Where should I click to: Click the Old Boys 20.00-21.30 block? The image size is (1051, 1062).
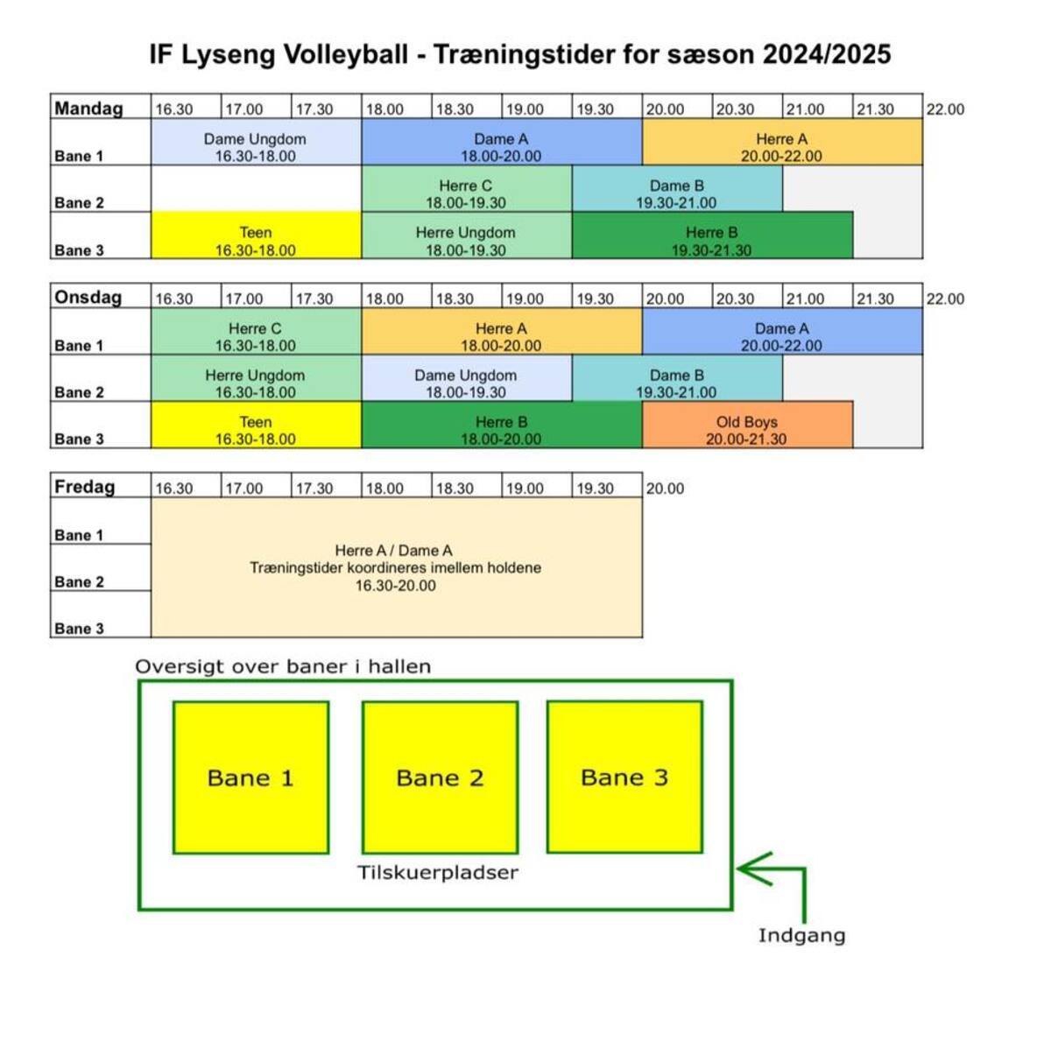click(x=747, y=425)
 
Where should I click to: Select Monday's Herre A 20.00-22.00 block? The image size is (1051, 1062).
click(x=782, y=142)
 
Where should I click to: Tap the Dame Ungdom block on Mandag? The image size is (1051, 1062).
click(x=256, y=142)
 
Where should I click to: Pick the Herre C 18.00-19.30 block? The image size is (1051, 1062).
click(x=467, y=188)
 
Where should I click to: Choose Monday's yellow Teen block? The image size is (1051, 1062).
click(x=256, y=236)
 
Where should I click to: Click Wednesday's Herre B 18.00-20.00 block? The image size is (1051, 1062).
click(x=502, y=425)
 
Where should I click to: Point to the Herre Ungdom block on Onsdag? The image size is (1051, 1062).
click(x=256, y=378)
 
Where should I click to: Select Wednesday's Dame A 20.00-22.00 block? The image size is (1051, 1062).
click(x=782, y=331)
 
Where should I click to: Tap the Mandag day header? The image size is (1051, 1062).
click(x=88, y=108)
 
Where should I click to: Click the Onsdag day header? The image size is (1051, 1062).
click(x=88, y=298)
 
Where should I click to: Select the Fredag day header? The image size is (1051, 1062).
click(x=84, y=487)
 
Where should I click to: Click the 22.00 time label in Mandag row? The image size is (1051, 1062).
click(x=945, y=109)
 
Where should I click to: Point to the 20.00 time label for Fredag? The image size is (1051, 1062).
click(x=665, y=489)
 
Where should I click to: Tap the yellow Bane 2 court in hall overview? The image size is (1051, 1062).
click(x=440, y=777)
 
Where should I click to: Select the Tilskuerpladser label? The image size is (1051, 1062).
click(x=438, y=872)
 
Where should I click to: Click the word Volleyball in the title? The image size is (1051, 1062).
click(x=345, y=54)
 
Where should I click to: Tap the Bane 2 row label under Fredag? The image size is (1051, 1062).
click(x=79, y=582)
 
